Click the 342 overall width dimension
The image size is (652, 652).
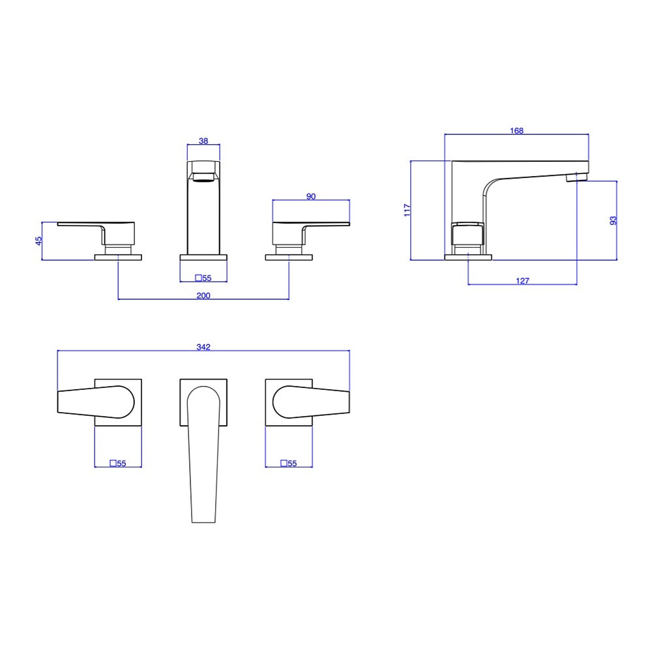(x=203, y=347)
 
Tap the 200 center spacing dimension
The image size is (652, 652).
(x=203, y=295)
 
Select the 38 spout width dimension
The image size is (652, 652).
(x=203, y=141)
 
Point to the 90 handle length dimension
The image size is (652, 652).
(x=311, y=196)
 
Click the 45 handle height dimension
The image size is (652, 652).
(x=38, y=241)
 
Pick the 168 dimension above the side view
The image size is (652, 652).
(x=516, y=130)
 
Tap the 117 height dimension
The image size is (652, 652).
(x=407, y=210)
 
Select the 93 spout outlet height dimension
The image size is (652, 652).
(x=613, y=220)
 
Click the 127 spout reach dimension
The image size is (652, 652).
(x=522, y=281)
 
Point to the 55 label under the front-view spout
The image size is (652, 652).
(x=203, y=278)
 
